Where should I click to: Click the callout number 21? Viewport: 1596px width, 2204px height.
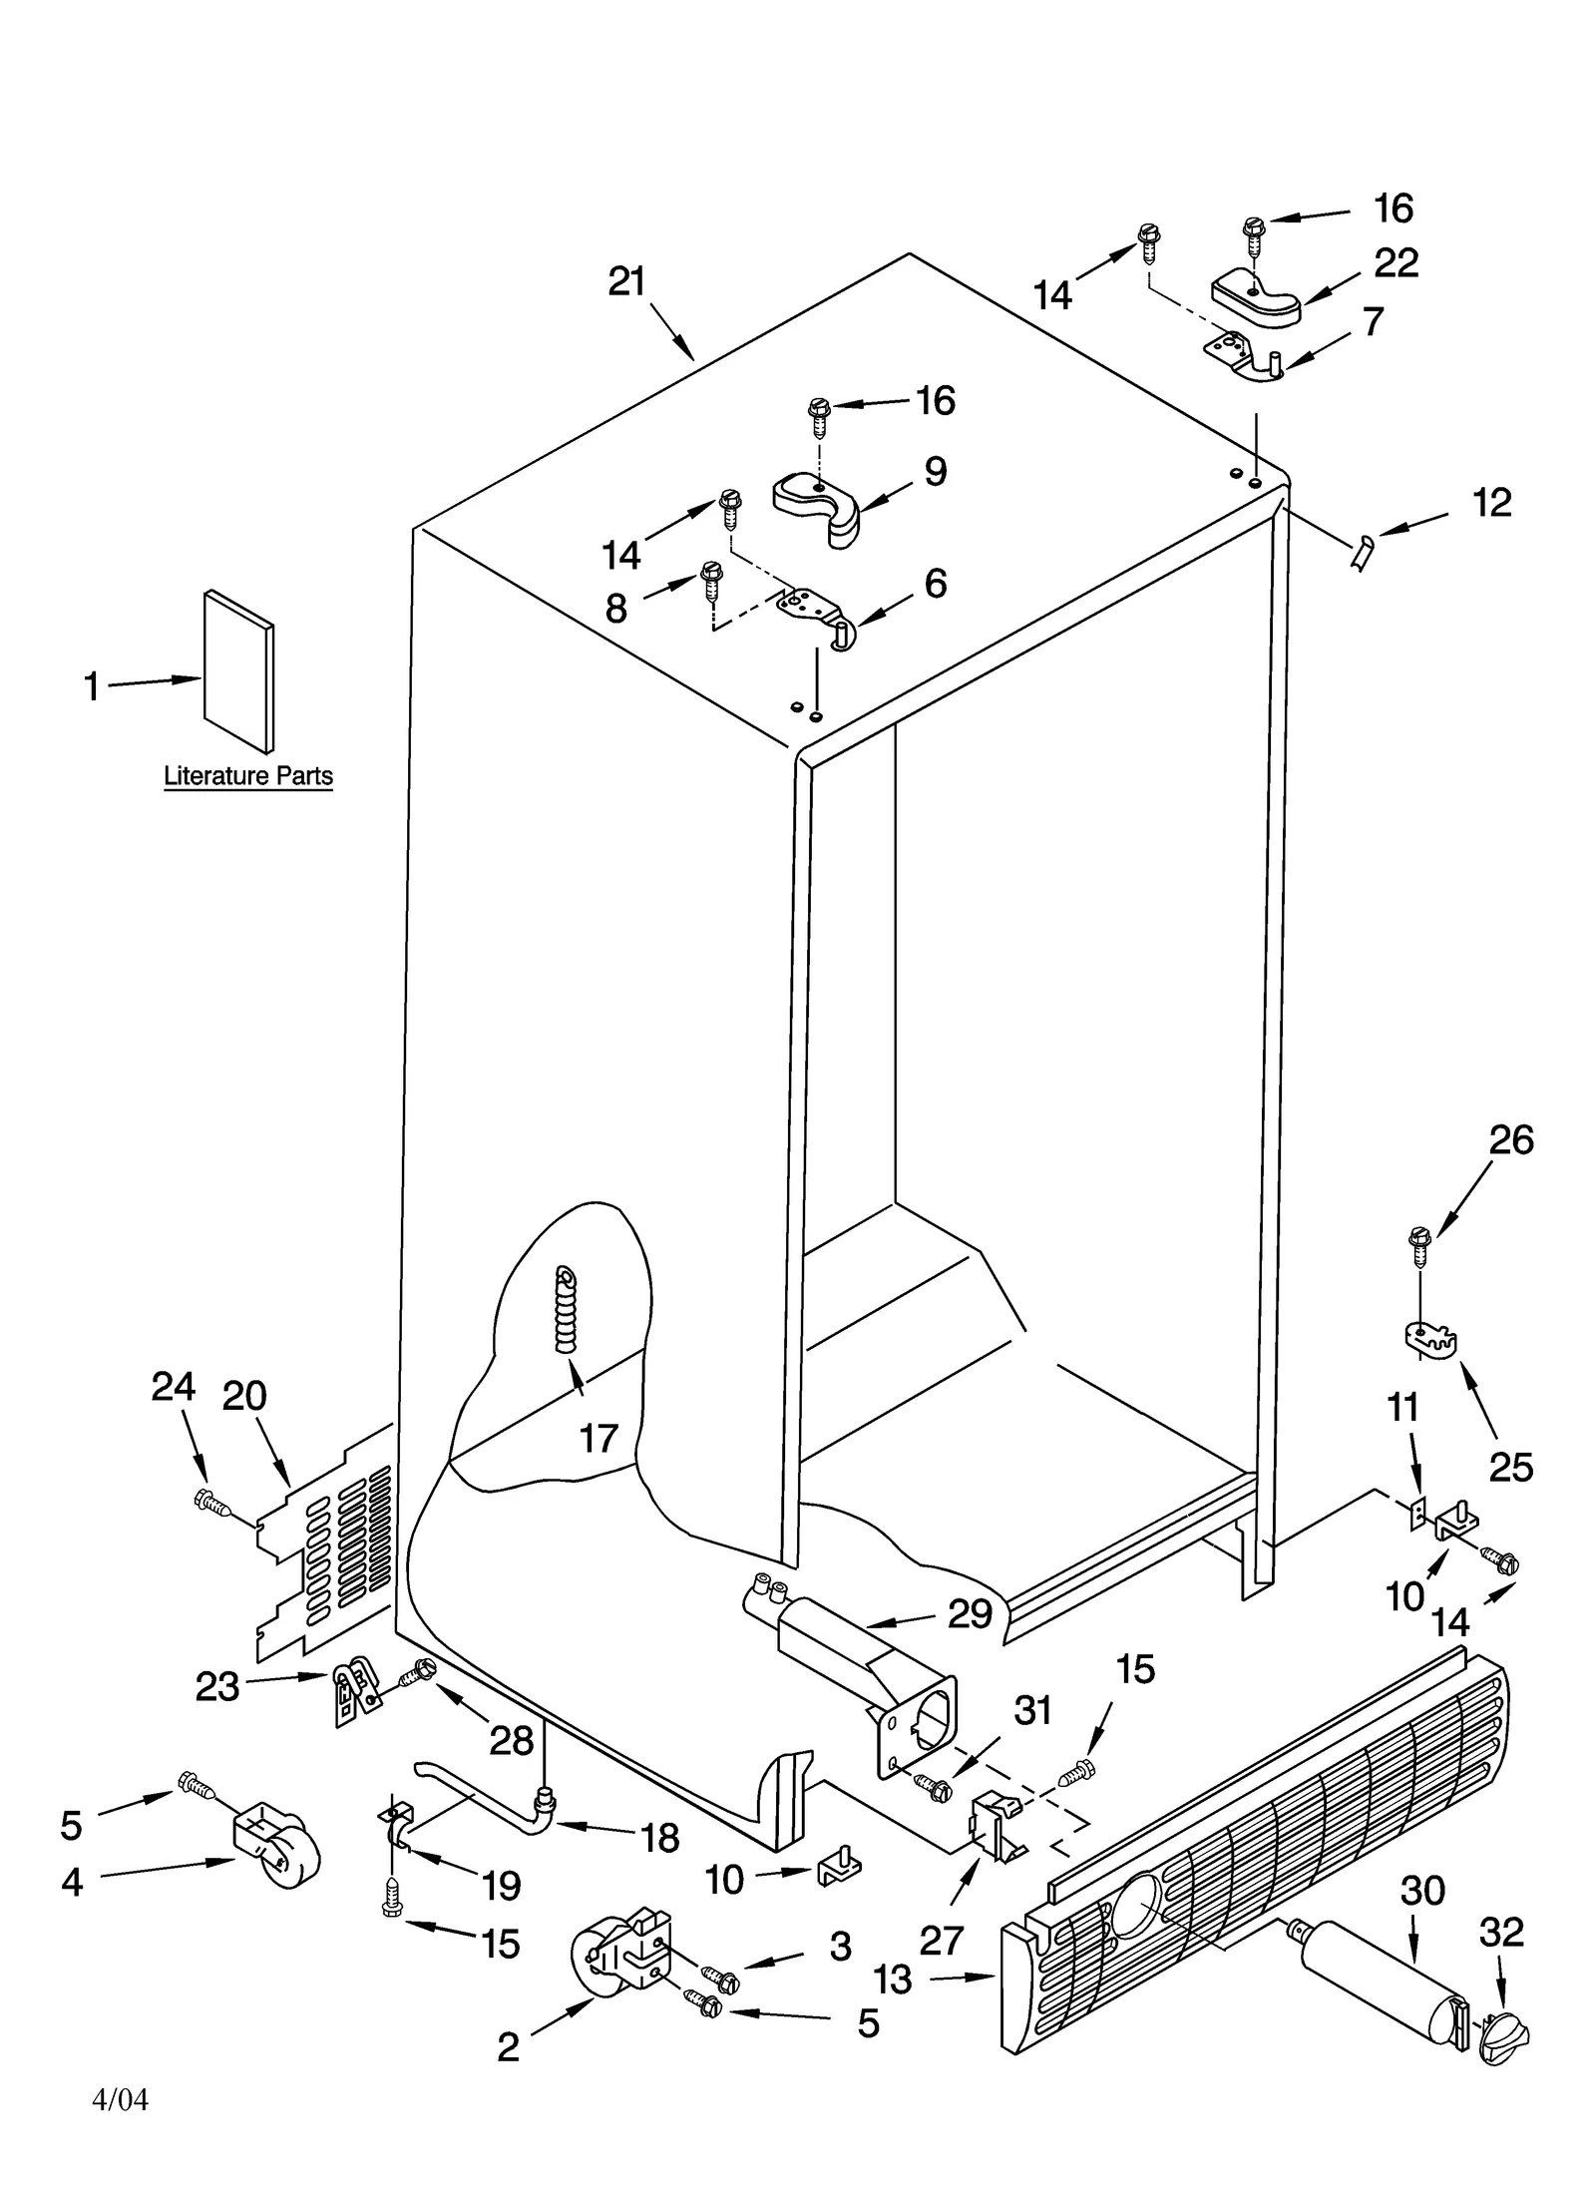coord(626,282)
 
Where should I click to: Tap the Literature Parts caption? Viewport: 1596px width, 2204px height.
coord(247,775)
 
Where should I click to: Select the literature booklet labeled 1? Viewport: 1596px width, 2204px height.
coord(238,670)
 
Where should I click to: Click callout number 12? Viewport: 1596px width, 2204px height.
coord(1491,503)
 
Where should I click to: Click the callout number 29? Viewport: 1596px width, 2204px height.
coord(970,1613)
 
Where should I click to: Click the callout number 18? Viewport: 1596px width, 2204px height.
coord(660,1838)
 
